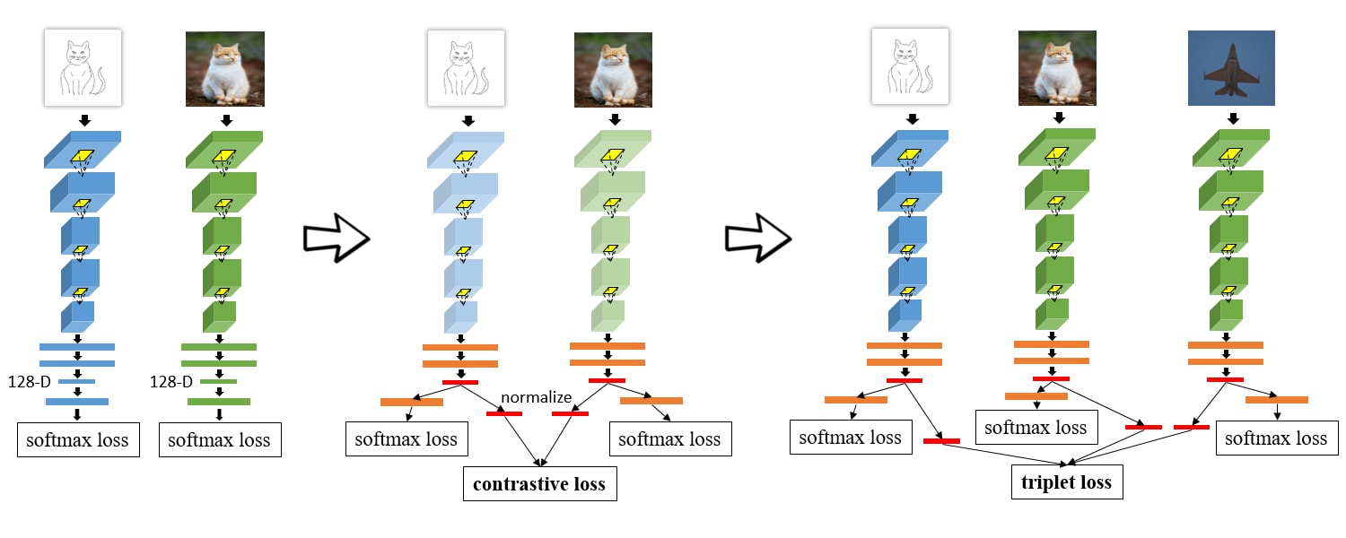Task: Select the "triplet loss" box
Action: click(x=1067, y=482)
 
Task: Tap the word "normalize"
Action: click(x=537, y=396)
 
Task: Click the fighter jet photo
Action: click(x=1230, y=68)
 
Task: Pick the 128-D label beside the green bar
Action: click(x=171, y=382)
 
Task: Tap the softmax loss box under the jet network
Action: click(x=1276, y=438)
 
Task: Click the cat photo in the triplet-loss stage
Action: click(x=1057, y=68)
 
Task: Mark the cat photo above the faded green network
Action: click(x=613, y=68)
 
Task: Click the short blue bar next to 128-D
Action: click(x=76, y=382)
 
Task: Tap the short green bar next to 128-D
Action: click(x=218, y=382)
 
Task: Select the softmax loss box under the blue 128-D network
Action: click(x=78, y=440)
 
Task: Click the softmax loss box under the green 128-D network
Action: click(x=219, y=440)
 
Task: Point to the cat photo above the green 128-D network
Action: click(x=224, y=68)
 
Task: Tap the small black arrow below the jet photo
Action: click(x=1234, y=118)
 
